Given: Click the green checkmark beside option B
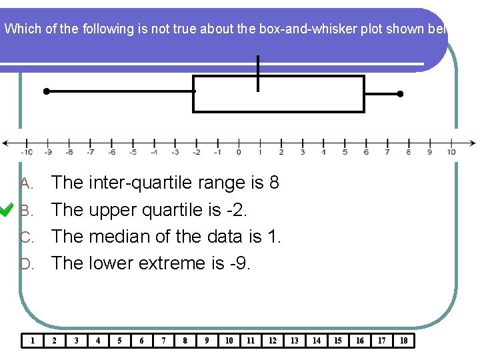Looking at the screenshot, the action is click(7, 210).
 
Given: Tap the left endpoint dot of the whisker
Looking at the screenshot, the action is click(46, 91).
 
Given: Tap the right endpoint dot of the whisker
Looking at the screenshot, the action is click(400, 94).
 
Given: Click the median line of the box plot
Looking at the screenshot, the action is click(258, 73).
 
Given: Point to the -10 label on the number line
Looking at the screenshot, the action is click(26, 151).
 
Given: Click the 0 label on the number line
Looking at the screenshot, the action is click(239, 151).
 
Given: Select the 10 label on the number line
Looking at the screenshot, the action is click(451, 151).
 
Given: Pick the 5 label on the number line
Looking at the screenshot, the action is click(345, 151).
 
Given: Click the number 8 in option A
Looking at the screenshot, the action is click(273, 183).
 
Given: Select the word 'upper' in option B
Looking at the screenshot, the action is click(111, 210).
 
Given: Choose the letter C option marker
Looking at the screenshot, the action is click(26, 237).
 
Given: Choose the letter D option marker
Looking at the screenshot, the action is click(26, 264).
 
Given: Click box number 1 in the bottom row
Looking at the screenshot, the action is click(33, 341).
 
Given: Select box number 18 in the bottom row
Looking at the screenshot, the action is click(403, 341).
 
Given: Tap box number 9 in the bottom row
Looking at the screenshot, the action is click(207, 341).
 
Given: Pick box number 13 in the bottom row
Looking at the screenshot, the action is click(294, 341).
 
